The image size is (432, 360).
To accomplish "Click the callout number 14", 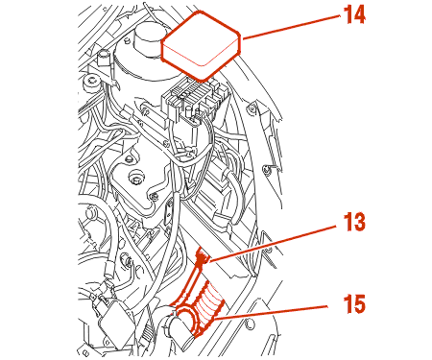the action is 354,15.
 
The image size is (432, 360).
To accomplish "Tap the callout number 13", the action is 354,223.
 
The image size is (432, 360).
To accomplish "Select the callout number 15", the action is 354,304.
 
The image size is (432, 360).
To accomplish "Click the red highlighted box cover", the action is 201,45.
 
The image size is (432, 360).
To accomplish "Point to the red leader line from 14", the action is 291,27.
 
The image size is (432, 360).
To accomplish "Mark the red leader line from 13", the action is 272,243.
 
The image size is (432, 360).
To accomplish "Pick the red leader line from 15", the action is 272,312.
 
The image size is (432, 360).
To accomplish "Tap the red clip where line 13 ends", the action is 201,257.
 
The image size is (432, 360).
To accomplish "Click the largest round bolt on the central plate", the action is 137,177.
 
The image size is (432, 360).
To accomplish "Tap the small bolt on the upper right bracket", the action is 252,109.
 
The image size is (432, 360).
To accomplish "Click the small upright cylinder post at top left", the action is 104,58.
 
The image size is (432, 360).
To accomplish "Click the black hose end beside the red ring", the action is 178,329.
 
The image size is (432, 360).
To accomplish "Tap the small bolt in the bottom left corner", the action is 85,352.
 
